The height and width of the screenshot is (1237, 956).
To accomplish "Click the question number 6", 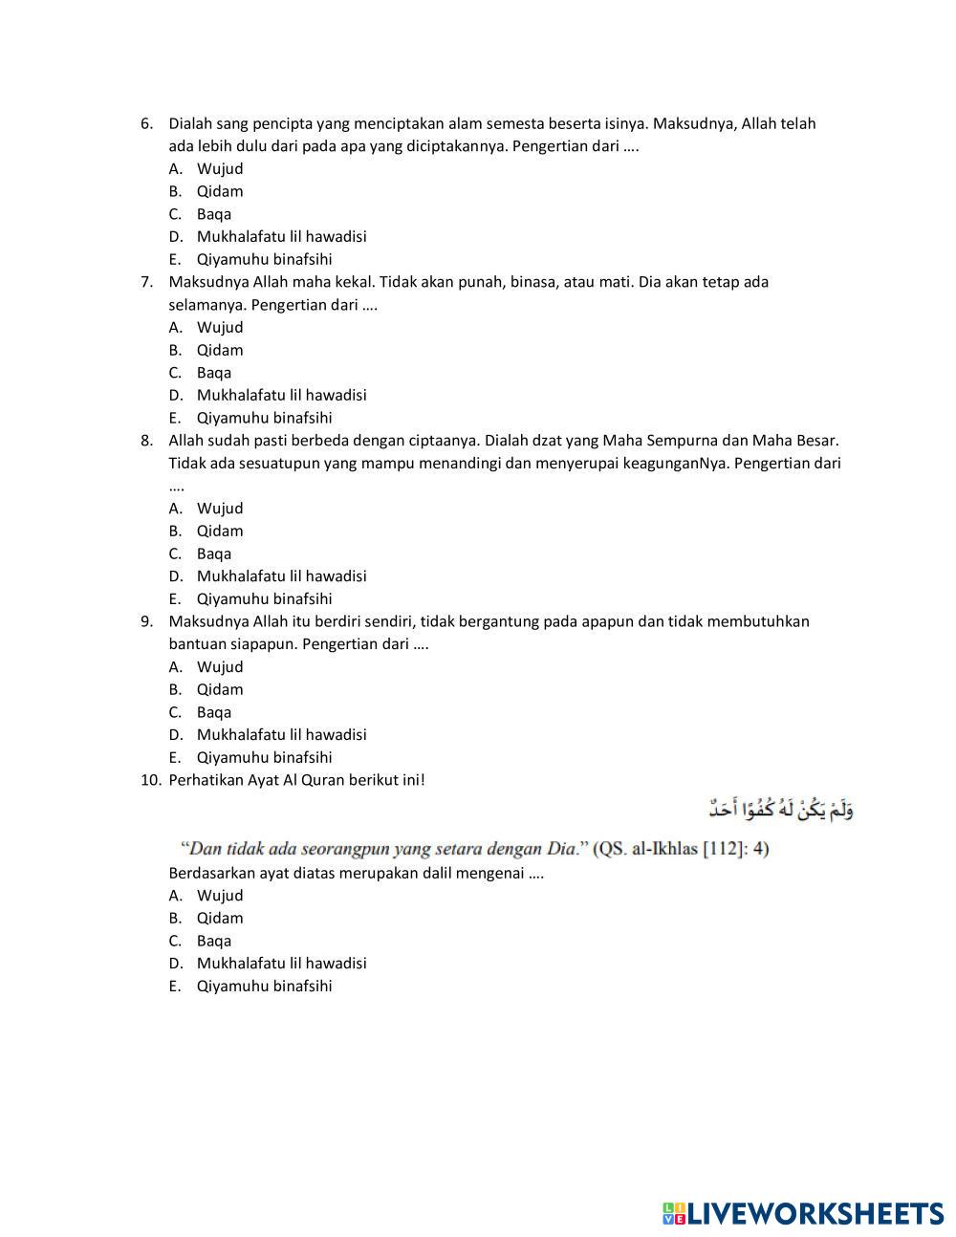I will pyautogui.click(x=146, y=123).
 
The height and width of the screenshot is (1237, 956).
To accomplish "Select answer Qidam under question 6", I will pyautogui.click(x=220, y=191).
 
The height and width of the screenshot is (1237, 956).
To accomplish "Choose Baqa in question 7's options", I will pyautogui.click(x=214, y=373).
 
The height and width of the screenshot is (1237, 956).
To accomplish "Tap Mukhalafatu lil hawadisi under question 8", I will pyautogui.click(x=281, y=576).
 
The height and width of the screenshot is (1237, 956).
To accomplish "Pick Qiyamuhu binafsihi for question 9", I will pyautogui.click(x=264, y=758).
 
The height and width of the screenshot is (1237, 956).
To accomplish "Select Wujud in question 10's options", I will pyautogui.click(x=220, y=896).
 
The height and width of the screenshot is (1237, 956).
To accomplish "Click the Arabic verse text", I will pyautogui.click(x=780, y=811).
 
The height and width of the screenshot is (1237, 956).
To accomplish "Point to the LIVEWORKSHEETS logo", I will pyautogui.click(x=803, y=1213).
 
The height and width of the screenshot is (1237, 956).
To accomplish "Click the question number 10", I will pyautogui.click(x=150, y=780).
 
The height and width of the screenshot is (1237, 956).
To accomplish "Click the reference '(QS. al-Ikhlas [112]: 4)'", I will pyautogui.click(x=681, y=849).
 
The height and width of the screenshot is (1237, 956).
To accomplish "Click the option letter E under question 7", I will pyautogui.click(x=175, y=418).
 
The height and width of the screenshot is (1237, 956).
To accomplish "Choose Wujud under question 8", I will pyautogui.click(x=220, y=509).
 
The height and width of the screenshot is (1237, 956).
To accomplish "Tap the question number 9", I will pyautogui.click(x=146, y=621).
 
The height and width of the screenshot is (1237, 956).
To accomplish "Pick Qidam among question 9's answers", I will pyautogui.click(x=220, y=689).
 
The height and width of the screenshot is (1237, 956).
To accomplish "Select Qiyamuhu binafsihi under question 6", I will pyautogui.click(x=264, y=259).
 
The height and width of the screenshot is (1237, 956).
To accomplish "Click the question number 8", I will pyautogui.click(x=146, y=441).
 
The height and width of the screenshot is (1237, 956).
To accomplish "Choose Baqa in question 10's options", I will pyautogui.click(x=214, y=941).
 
